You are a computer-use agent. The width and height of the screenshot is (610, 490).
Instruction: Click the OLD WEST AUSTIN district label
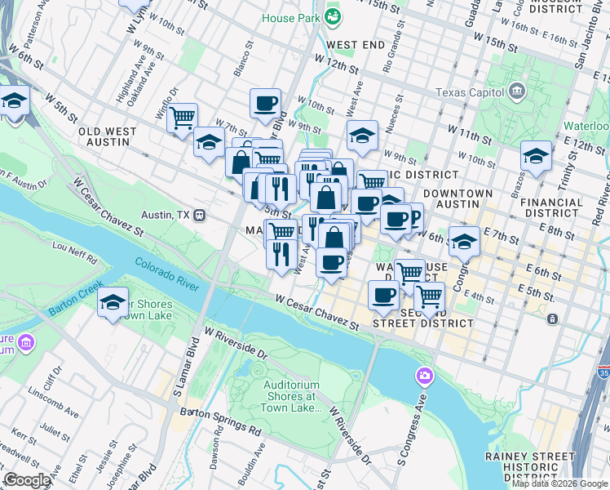(x=104, y=136)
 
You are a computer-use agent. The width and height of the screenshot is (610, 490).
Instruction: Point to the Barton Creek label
(x=75, y=310)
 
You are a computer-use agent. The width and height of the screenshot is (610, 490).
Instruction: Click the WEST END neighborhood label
(x=355, y=44)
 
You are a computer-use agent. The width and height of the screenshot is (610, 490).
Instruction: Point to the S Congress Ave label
(x=413, y=430)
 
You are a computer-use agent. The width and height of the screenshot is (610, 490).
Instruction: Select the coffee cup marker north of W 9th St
(x=265, y=103)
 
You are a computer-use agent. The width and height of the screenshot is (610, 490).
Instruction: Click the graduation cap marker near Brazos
(x=536, y=155)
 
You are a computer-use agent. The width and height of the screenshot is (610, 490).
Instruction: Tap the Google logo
(x=28, y=480)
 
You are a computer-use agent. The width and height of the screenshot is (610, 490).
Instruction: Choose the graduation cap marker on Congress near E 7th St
(x=464, y=241)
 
